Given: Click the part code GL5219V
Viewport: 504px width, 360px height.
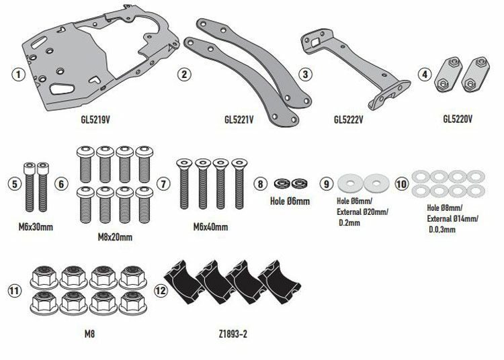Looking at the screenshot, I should pos(95,122).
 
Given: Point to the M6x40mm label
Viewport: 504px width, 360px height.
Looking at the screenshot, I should pos(211,227).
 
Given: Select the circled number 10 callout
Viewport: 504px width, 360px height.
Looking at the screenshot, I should pos(402,183).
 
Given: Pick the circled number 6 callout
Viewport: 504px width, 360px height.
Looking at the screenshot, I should pos(61,183).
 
